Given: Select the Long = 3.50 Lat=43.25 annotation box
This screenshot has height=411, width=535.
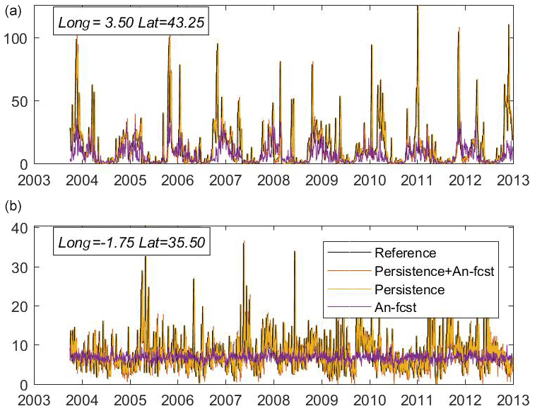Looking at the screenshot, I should [130, 23].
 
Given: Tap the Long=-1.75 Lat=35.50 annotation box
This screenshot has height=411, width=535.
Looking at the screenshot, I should [130, 243].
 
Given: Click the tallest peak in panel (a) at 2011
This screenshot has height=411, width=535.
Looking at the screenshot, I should [418, 7].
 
